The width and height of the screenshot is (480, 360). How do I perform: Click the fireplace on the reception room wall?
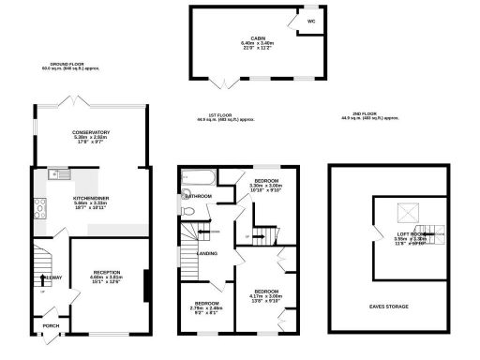click(144, 286)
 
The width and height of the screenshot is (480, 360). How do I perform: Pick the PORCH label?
click(51, 327)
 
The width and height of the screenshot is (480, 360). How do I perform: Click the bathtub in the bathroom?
click(200, 175)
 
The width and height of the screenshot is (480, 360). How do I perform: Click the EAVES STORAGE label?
click(388, 306)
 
